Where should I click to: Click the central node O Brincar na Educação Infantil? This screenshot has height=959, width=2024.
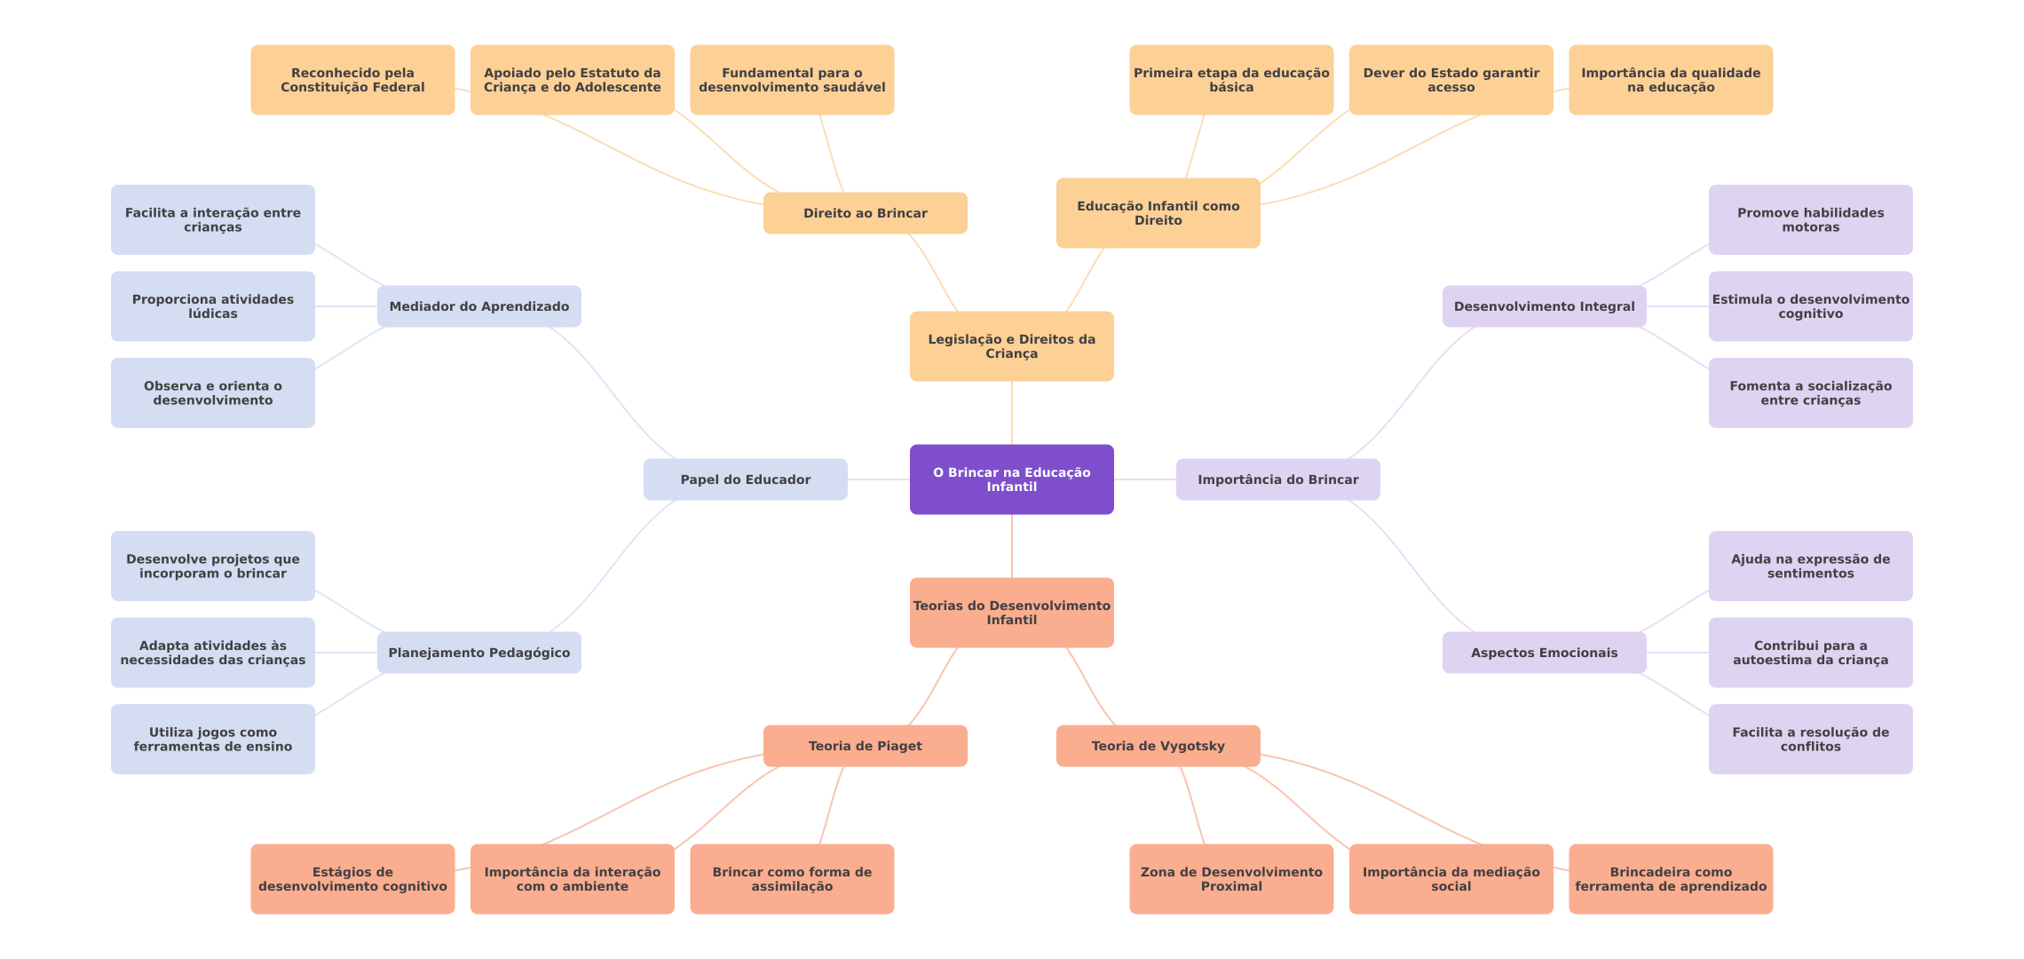(x=1011, y=479)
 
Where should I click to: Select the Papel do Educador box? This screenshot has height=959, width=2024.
(x=745, y=479)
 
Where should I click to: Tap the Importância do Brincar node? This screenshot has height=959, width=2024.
(x=1277, y=479)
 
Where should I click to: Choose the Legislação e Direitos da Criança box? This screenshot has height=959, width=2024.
(x=1011, y=346)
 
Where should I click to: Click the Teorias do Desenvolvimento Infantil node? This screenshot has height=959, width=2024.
(x=1011, y=613)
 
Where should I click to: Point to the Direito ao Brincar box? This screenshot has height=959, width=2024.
(x=865, y=213)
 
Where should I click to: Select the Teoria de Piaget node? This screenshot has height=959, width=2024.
(x=865, y=746)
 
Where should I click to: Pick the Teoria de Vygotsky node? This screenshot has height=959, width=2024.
(x=1158, y=746)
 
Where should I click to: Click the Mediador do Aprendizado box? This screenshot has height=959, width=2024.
(x=478, y=306)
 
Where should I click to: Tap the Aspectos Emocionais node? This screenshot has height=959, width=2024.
(x=1544, y=653)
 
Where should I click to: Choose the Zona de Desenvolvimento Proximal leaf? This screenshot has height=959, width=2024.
(x=1231, y=879)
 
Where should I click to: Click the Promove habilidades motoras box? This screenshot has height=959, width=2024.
(x=1810, y=219)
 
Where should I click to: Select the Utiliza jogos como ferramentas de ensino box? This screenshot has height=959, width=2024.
(x=212, y=739)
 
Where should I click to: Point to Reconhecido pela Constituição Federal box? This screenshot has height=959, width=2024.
(x=352, y=80)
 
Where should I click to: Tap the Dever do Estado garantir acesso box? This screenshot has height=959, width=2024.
(x=1451, y=80)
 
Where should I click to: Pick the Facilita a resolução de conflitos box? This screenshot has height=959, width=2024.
(x=1810, y=739)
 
